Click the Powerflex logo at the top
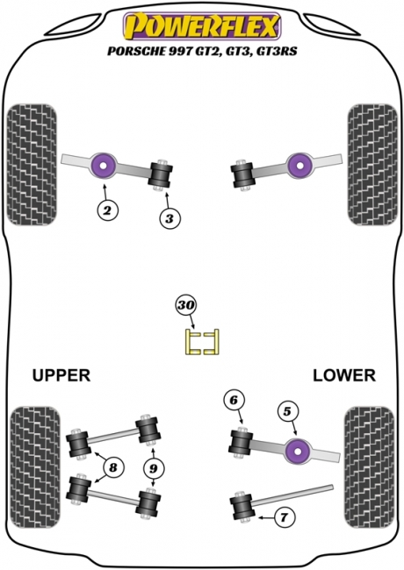coord(202,26)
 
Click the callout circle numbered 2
coord(108,210)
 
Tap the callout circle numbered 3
coord(170,218)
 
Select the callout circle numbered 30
coord(186,305)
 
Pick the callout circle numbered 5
coord(287,411)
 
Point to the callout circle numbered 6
coord(234,400)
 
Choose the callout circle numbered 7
coord(285,517)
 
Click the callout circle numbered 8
coord(113,467)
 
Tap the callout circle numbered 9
coord(153,468)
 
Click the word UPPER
coord(61,375)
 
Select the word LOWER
coord(344,375)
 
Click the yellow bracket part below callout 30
coord(202,341)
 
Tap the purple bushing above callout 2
coord(103,166)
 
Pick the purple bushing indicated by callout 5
coord(298,452)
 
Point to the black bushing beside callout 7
coord(242,507)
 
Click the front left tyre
coord(32,165)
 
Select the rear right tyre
coord(369,467)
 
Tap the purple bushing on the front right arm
coord(299,166)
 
